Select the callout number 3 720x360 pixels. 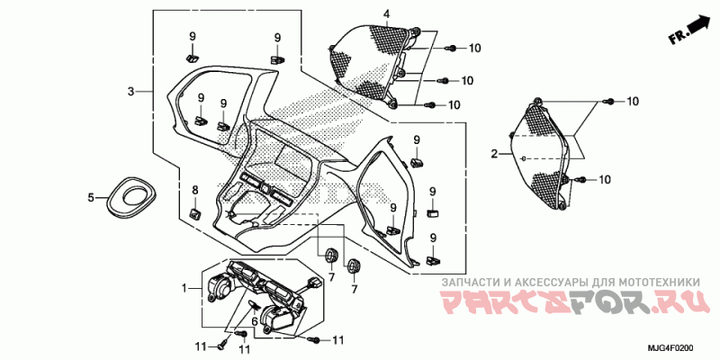tap(130, 92)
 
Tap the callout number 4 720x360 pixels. tap(386, 14)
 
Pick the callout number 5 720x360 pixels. tap(91, 197)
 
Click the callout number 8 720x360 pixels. tap(194, 189)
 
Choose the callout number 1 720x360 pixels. tap(184, 288)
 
